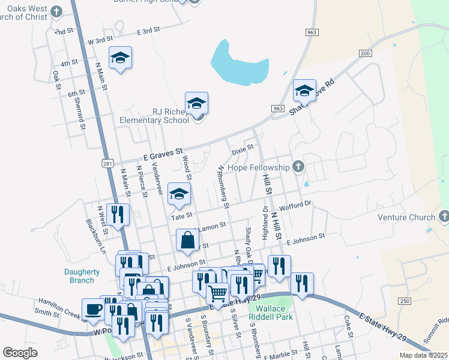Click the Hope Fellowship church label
coord(259,167)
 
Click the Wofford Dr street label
coord(300,204)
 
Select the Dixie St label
coord(243,146)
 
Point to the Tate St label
coord(181,215)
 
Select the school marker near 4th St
coord(120,58)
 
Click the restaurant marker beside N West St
coord(117,214)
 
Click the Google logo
coord(20,353)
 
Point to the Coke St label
coord(348,326)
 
